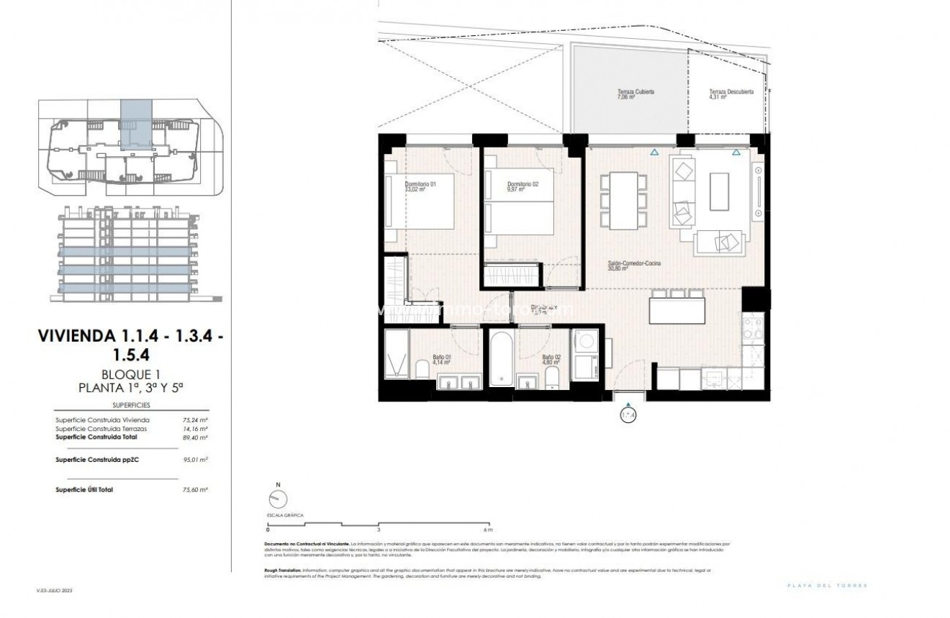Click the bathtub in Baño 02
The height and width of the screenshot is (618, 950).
click(x=498, y=357)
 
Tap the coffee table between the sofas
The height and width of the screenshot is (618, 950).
click(x=719, y=192)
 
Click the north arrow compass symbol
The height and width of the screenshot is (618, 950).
click(x=276, y=499)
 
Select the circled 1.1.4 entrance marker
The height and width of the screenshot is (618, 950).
click(x=628, y=415)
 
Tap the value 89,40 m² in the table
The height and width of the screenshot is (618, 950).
click(x=196, y=437)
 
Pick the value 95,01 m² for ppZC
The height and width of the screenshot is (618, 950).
click(x=196, y=458)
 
